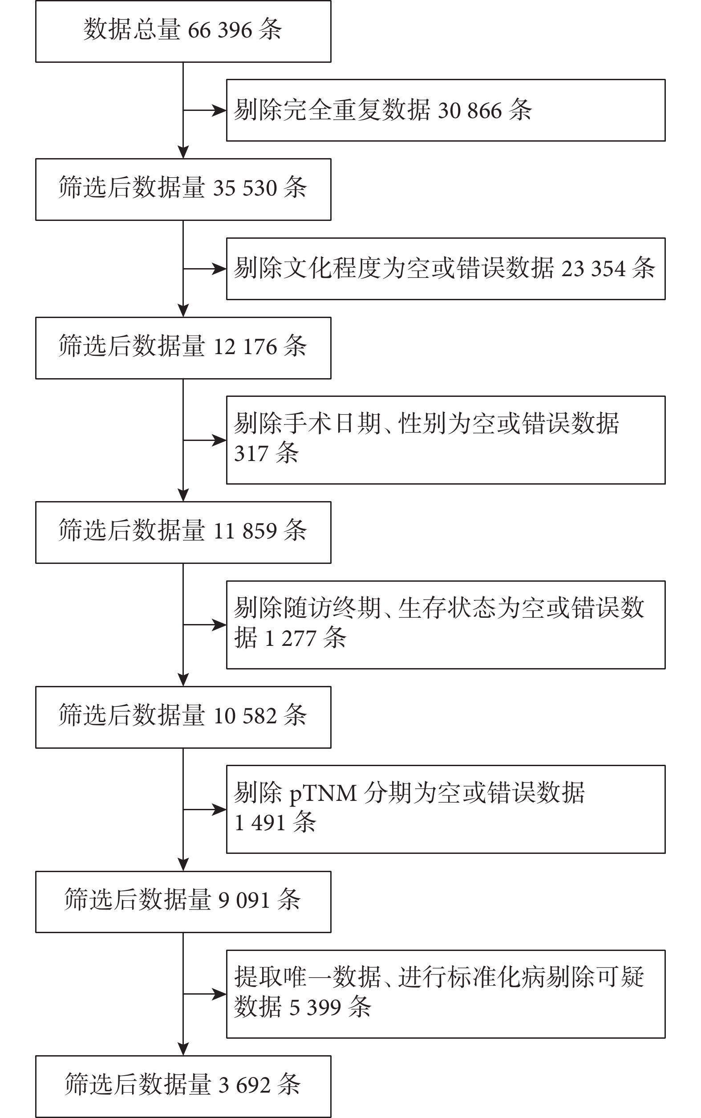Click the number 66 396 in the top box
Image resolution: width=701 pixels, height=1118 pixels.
coord(220,31)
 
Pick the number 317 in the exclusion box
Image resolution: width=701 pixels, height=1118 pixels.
coord(251,454)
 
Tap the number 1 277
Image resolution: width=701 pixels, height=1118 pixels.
coord(290,639)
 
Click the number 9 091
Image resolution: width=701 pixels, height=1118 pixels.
coord(244,901)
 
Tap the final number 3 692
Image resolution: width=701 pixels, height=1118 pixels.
coord(244,1085)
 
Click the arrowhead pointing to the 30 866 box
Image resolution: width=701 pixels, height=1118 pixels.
coord(219,110)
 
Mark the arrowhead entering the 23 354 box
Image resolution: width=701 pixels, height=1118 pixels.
coord(219,269)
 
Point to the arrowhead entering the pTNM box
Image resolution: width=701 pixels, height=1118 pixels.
coord(219,809)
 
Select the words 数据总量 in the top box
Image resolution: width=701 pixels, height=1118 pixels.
coord(132,30)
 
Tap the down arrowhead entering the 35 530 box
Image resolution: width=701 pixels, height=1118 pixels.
coord(183,152)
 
